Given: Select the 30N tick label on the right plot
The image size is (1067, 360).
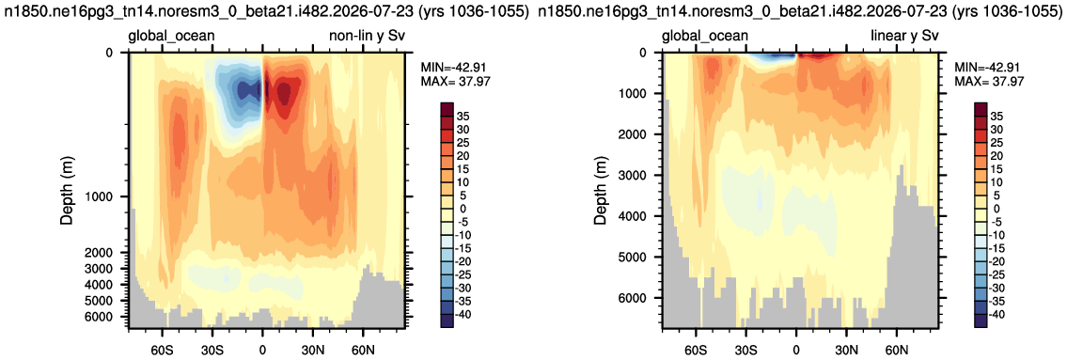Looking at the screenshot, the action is pos(846,351).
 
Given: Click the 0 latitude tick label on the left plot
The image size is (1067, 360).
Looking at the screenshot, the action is pos(262,351).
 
